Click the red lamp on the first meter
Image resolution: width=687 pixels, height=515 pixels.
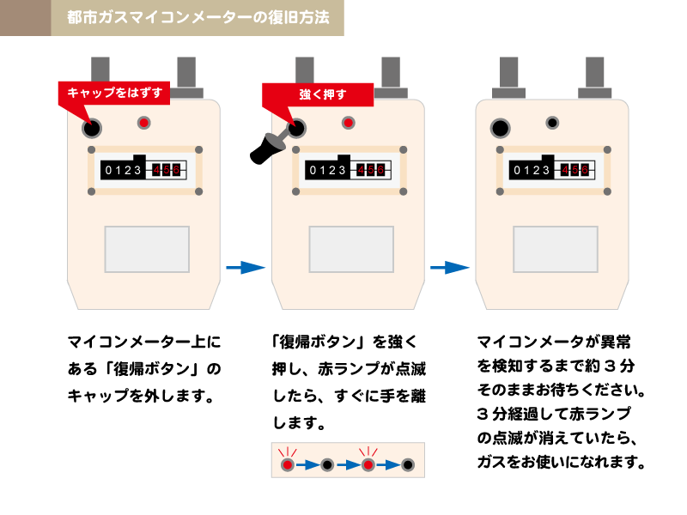[x=144, y=124]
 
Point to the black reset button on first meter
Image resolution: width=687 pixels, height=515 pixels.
[x=91, y=129]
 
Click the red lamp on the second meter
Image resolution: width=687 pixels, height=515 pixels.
[x=348, y=124]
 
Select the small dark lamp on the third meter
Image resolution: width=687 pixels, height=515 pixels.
[x=552, y=123]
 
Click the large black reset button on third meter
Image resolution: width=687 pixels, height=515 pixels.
[x=500, y=129]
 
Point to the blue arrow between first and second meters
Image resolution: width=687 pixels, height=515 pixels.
[x=246, y=268]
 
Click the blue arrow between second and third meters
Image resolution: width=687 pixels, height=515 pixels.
[x=450, y=268]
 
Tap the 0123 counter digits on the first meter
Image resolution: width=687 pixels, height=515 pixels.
[x=123, y=171]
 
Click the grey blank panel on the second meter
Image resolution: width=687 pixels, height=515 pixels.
[x=351, y=249]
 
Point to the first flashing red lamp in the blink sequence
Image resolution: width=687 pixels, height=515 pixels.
[x=288, y=465]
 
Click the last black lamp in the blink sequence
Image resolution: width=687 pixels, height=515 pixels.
[x=409, y=465]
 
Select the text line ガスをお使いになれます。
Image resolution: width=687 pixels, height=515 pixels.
[x=561, y=462]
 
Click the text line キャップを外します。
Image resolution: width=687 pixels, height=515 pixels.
[x=139, y=397]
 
